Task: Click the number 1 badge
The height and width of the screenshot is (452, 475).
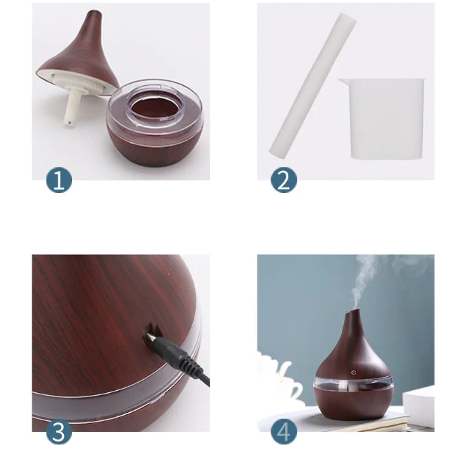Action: pos(59,180)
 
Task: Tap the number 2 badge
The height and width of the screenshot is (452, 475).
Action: pos(283,180)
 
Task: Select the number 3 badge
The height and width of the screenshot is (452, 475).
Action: pos(59,432)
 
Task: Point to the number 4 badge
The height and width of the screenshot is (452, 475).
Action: pos(283,432)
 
